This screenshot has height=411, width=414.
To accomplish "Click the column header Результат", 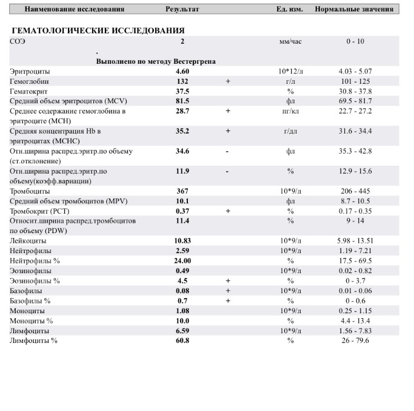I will (x=182, y=10).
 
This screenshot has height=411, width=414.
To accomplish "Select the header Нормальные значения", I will (x=354, y=10).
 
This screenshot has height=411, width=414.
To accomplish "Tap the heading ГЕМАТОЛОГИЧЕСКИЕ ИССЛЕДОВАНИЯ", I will (x=98, y=30).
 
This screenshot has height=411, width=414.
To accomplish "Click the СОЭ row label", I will (x=18, y=42).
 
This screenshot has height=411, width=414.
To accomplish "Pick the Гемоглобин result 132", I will (x=182, y=81).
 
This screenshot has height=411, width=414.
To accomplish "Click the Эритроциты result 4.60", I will (x=182, y=72).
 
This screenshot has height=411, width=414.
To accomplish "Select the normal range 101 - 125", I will (x=355, y=81).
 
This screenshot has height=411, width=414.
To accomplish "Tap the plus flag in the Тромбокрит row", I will (x=228, y=211).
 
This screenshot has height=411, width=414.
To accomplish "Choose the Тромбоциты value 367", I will (x=182, y=191).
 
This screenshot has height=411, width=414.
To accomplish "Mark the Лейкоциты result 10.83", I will (x=182, y=241).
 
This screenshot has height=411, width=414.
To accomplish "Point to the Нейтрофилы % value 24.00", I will (x=182, y=260).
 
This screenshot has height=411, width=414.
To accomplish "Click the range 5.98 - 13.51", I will (x=355, y=241).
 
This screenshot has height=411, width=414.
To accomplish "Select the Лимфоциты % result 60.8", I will (x=182, y=341).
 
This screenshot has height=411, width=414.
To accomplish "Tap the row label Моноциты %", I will (x=32, y=321).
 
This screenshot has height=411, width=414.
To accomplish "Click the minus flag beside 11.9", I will (x=227, y=171).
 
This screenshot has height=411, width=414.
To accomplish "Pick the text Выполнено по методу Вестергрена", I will (x=156, y=61).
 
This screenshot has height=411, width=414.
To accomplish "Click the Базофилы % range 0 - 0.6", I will (x=355, y=301).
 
